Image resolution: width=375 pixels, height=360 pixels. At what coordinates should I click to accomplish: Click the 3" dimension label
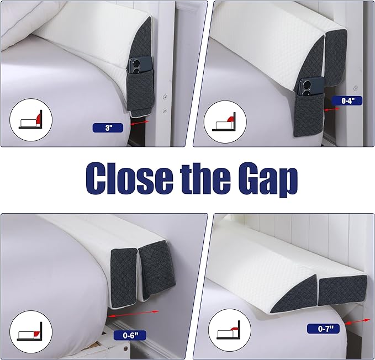pos(108,128)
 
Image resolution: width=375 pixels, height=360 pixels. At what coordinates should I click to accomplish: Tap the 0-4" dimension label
pos(347,100)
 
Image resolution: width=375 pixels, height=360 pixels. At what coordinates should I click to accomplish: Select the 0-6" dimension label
pos(129,335)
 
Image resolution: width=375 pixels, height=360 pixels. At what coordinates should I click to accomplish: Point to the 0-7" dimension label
pos(323,329)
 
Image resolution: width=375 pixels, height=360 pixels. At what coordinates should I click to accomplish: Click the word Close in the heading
pos(129,179)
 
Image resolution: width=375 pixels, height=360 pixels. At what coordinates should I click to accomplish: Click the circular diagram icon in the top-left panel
pos(31,119)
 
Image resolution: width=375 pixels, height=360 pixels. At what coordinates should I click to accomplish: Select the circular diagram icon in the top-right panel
pos(225,122)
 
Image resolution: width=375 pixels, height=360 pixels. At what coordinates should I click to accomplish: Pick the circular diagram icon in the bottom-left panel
pos(31,332)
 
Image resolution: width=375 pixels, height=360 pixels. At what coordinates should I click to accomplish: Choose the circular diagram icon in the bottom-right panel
pos(230,330)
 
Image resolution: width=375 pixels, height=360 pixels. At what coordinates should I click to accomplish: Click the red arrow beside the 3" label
pos(140,123)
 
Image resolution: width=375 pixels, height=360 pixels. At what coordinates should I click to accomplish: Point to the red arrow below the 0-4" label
pos(331,109)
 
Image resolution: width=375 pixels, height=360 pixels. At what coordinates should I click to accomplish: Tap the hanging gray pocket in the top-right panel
pos(308,112)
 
